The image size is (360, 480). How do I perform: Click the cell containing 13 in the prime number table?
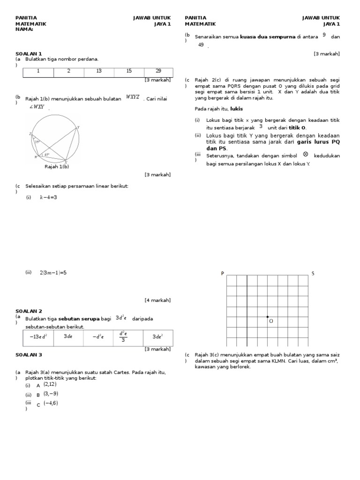point(98,71)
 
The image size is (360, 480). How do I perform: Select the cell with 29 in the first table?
point(158,71)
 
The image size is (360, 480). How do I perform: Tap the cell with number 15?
point(129,71)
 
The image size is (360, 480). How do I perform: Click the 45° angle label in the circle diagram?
point(46,154)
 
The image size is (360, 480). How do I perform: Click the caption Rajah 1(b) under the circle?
point(57,166)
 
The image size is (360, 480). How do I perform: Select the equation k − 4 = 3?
point(48,197)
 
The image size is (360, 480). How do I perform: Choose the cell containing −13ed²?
point(38,337)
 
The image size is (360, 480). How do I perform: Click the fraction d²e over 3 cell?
point(123,337)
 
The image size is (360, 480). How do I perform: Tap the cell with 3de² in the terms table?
point(157,337)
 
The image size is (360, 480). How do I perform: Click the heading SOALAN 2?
point(29,311)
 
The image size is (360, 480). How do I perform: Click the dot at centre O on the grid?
point(268,317)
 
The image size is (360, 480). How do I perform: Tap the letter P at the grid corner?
point(223,273)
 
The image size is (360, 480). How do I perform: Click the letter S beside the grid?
point(313,273)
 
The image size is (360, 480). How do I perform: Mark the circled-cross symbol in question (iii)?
point(306,154)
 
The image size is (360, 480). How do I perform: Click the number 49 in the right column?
point(201,45)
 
